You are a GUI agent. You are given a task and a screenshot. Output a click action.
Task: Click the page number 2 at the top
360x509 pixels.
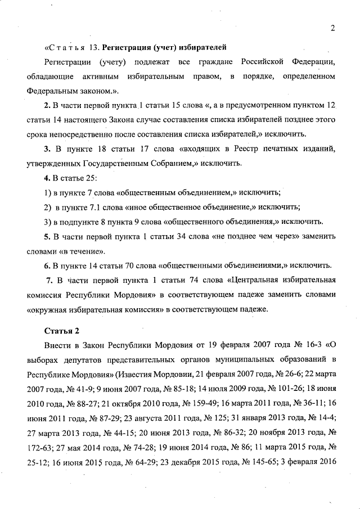click(333, 29)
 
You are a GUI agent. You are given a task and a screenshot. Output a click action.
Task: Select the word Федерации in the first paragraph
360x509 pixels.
click(314, 61)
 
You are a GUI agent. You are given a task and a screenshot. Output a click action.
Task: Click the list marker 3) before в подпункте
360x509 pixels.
click(48, 222)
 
